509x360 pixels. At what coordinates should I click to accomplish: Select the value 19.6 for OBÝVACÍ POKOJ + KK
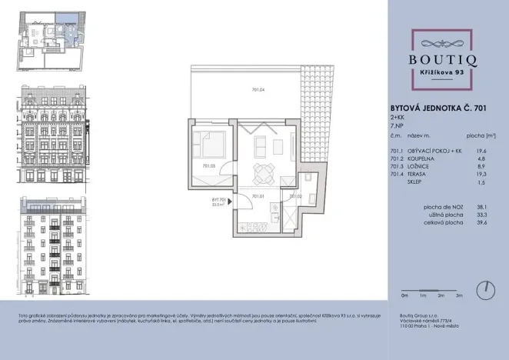click(x=481, y=152)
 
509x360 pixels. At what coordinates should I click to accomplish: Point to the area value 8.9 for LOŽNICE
click(x=481, y=168)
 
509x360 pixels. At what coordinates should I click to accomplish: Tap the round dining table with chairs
click(x=264, y=171)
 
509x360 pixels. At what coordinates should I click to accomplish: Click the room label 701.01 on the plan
click(x=258, y=195)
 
